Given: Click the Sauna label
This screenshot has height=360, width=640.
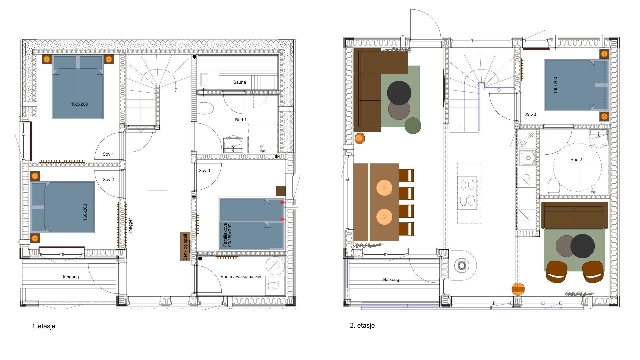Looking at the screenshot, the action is pyautogui.click(x=239, y=82).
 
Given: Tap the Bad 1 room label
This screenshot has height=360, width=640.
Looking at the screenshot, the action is pyautogui.click(x=241, y=120).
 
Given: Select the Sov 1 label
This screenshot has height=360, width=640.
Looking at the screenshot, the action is pyautogui.click(x=108, y=154).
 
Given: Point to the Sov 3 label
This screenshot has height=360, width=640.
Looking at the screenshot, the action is pyautogui.click(x=204, y=170).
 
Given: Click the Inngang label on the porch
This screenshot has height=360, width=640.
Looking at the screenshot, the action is pyautogui.click(x=71, y=277).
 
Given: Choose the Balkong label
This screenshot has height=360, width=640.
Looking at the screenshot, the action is pyautogui.click(x=391, y=280).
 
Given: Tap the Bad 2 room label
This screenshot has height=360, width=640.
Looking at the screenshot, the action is pyautogui.click(x=576, y=159).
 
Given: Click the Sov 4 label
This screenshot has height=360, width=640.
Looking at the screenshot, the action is pyautogui.click(x=531, y=115).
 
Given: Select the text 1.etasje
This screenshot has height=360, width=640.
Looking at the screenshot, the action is pyautogui.click(x=44, y=326).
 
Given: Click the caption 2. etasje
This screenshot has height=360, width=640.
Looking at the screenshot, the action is pyautogui.click(x=362, y=326).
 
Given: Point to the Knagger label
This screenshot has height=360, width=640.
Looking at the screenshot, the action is pyautogui.click(x=130, y=226).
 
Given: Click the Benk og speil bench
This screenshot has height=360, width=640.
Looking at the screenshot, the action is pyautogui.click(x=185, y=246).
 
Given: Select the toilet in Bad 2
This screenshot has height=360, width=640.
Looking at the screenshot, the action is pyautogui.click(x=554, y=185).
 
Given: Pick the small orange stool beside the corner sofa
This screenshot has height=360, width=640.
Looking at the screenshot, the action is pyautogui.click(x=360, y=138).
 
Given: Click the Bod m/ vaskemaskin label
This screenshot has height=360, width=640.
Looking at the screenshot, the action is pyautogui.click(x=241, y=277).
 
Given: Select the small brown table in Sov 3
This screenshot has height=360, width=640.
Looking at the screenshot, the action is pyautogui.click(x=281, y=191).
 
